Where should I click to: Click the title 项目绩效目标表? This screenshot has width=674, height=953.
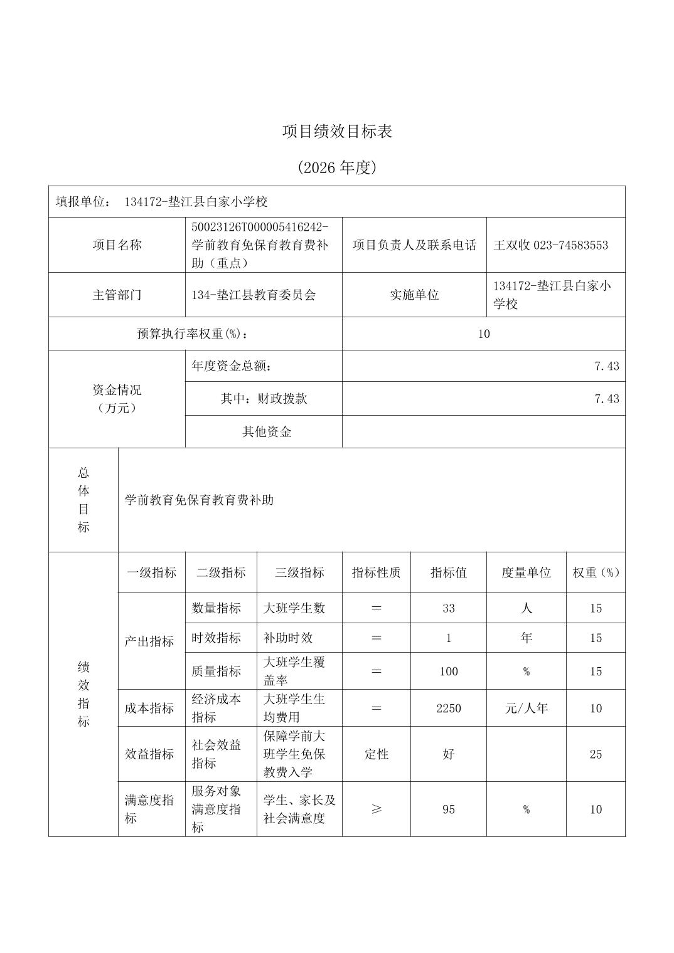coord(337,132)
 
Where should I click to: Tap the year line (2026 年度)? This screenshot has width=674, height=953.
coord(337,167)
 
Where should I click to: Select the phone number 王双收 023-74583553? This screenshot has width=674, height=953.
coord(550,245)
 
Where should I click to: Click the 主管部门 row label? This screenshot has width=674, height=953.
coord(117,295)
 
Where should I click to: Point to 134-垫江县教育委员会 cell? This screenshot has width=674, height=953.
coord(254,295)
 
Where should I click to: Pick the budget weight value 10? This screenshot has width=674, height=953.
coord(483,334)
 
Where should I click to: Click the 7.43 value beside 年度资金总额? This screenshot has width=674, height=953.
coord(606,366)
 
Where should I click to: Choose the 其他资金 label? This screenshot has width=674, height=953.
coord(267,431)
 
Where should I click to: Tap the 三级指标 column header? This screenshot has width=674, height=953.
coord(299,572)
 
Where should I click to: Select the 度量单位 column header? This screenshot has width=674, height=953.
coord(526,572)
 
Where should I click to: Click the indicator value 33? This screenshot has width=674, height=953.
coord(448,608)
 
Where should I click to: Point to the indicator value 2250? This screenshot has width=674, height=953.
coord(448,708)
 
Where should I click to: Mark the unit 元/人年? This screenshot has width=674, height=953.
coord(526,708)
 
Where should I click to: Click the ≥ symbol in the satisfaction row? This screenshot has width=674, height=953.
coord(377,809)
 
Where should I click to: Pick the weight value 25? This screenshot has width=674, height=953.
coord(596,754)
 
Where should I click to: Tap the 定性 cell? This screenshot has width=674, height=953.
coord(377,754)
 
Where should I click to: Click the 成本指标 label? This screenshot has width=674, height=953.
coord(149,708)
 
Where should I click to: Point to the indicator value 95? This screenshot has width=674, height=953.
coord(448,809)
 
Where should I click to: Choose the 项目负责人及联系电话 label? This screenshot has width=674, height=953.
coord(414,245)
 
